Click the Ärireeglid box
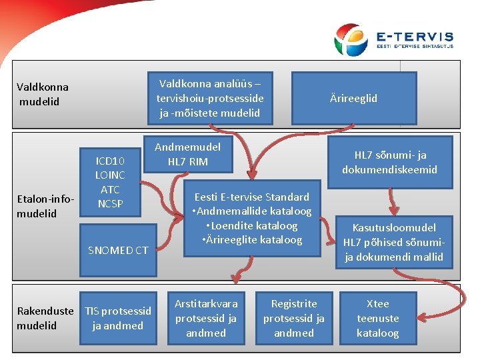353,98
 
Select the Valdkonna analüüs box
210,98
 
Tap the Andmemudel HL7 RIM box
188,154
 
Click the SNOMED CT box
118,250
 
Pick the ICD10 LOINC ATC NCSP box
110,182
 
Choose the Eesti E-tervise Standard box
252,218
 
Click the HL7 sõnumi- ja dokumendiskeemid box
389,162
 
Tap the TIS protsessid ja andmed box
117,318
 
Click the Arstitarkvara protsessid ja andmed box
205,318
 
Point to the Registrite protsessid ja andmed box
293,318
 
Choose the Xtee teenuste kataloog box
377,318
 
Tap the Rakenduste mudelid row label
45,318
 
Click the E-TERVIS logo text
414,37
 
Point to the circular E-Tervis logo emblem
351,39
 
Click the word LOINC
110,175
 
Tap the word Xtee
377,303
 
